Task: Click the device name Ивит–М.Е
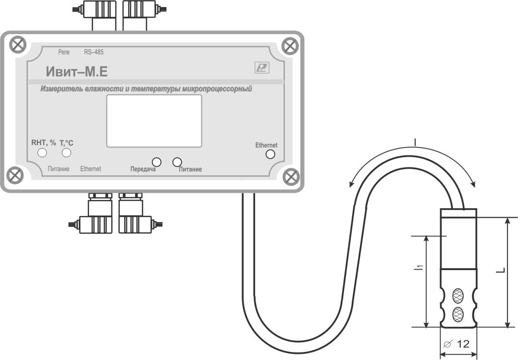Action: [77, 72]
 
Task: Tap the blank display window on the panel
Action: [154, 121]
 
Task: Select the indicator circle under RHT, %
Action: [42, 153]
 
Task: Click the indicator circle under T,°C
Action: [66, 153]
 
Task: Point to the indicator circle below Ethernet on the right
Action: [270, 154]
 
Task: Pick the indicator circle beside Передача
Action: [156, 162]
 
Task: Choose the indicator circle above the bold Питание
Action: [177, 162]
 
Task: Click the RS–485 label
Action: [94, 52]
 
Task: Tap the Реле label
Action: [64, 52]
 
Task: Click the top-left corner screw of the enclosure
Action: [17, 45]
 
